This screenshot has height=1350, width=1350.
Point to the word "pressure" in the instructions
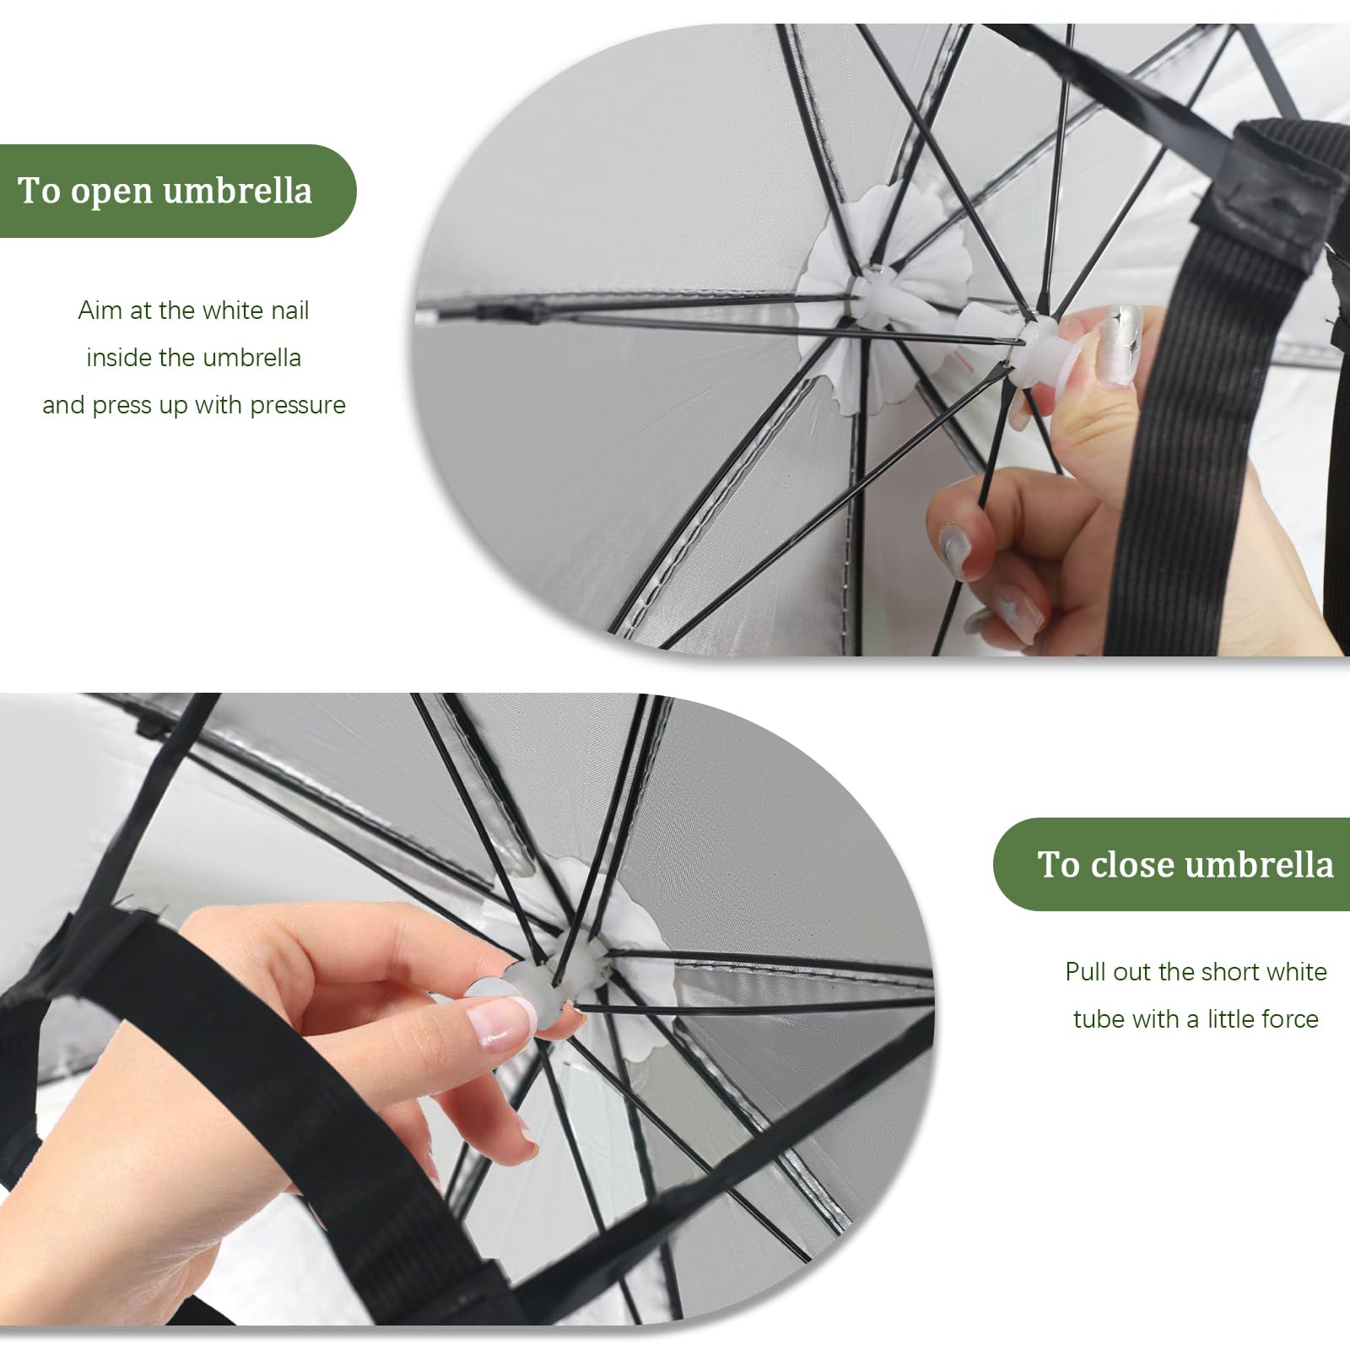tap(298, 406)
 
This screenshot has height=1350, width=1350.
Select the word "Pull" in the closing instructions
tap(1086, 972)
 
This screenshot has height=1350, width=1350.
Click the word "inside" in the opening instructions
tap(119, 358)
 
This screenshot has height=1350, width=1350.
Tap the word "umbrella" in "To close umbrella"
tap(1259, 865)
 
